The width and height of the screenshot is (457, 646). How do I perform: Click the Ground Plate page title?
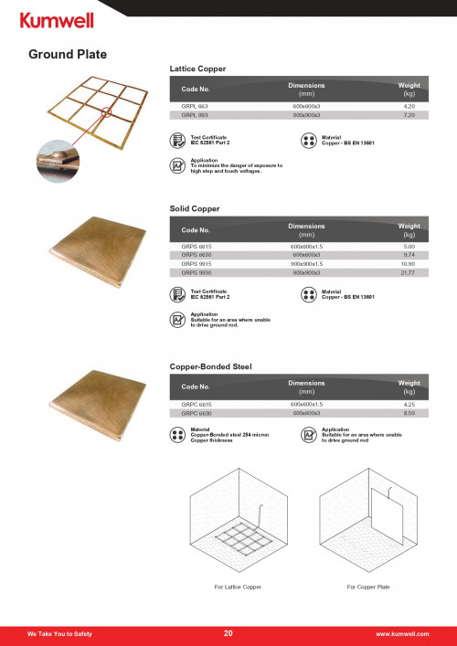68,54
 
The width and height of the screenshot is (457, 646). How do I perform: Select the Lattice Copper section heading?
197,69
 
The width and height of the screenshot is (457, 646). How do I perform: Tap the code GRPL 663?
196,108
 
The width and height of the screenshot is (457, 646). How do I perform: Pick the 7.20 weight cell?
409,116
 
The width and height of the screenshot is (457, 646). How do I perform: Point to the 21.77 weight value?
409,272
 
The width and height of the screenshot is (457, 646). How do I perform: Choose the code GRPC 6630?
197,413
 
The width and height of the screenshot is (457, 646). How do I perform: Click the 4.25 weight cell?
409,404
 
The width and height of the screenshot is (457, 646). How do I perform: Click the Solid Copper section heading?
195,208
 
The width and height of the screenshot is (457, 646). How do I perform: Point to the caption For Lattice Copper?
238,586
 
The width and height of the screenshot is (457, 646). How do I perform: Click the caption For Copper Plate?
368,586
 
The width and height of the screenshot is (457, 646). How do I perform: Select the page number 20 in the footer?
228,632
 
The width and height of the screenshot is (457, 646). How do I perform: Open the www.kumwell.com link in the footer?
402,633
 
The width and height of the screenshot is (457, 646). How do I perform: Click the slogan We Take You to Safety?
59,633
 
